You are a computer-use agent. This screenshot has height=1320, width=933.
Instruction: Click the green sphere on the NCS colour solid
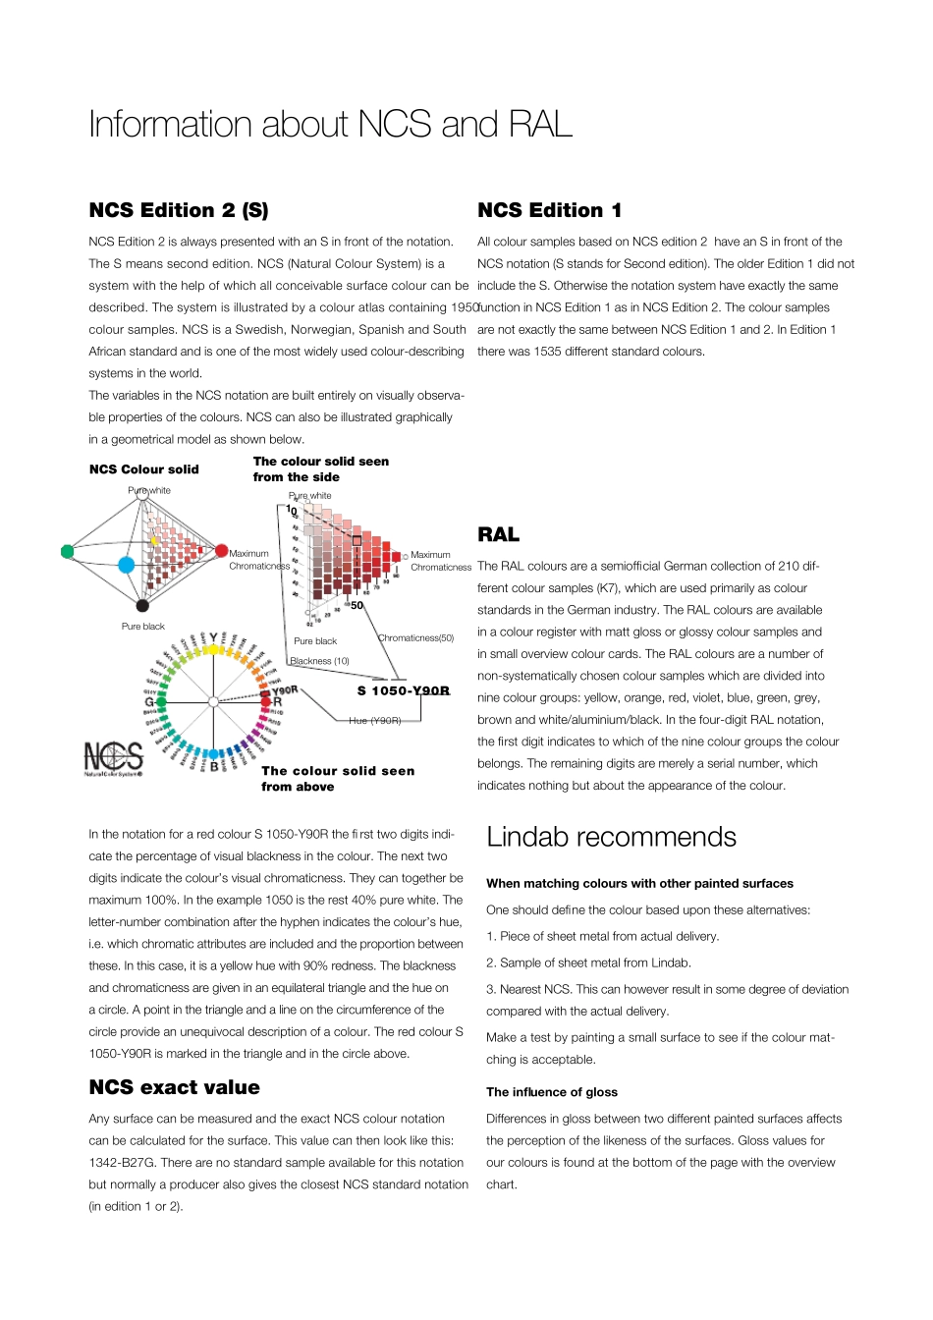click(67, 552)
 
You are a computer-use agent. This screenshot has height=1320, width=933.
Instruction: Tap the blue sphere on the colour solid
click(126, 565)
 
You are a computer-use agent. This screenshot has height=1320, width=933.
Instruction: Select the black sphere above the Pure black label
click(142, 606)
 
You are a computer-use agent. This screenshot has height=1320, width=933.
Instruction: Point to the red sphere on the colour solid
click(222, 551)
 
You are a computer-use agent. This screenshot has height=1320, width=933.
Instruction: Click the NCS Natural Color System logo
click(113, 758)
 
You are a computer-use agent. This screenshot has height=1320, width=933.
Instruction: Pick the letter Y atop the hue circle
click(213, 638)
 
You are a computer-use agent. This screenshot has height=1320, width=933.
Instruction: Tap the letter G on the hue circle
click(149, 702)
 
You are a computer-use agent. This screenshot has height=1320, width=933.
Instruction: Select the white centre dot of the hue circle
click(213, 701)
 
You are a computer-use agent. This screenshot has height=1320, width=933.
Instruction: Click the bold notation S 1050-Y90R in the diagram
click(403, 690)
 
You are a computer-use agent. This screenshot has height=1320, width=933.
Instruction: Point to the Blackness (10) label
click(320, 661)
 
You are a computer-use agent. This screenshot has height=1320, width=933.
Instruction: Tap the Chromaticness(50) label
click(415, 638)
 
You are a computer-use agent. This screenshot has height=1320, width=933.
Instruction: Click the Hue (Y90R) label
click(374, 720)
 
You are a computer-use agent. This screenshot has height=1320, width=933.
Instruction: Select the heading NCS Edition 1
click(549, 210)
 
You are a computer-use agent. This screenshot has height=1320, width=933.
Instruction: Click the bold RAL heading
click(498, 535)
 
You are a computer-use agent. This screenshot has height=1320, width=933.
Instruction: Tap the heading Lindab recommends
click(611, 837)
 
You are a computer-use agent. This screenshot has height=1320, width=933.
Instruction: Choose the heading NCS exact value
click(174, 1087)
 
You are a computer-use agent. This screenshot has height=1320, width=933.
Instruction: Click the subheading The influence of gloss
click(552, 1092)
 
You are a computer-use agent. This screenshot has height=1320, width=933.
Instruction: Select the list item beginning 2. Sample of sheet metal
click(588, 962)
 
